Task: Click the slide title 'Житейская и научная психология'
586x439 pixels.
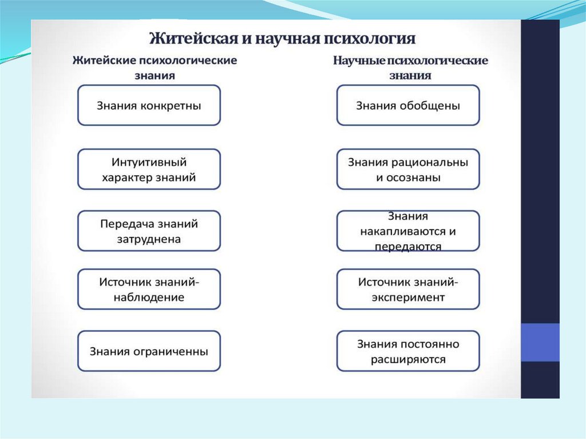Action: (282, 39)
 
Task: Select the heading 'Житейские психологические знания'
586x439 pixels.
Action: (155, 68)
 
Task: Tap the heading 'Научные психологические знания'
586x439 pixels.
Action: (410, 68)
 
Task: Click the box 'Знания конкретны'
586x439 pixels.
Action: (149, 105)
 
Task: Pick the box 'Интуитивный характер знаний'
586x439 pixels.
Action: (149, 169)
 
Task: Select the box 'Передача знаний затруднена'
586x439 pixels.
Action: (149, 231)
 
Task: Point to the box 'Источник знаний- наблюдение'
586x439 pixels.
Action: (149, 290)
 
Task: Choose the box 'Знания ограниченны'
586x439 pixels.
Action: (149, 351)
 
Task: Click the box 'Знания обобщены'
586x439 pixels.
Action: (408, 105)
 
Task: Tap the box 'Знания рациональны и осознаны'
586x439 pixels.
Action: (408, 169)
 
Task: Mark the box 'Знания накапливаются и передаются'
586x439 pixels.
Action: (408, 231)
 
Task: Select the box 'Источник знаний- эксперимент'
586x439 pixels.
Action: (408, 290)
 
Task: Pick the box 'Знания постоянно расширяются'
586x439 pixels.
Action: (408, 351)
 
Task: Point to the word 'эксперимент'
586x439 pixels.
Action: (408, 298)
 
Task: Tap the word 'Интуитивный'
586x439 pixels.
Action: (149, 162)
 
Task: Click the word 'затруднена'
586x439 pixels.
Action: (149, 239)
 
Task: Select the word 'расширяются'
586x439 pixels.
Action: (408, 360)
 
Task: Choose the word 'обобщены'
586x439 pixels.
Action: (434, 105)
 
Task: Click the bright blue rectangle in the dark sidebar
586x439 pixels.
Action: (540, 342)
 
